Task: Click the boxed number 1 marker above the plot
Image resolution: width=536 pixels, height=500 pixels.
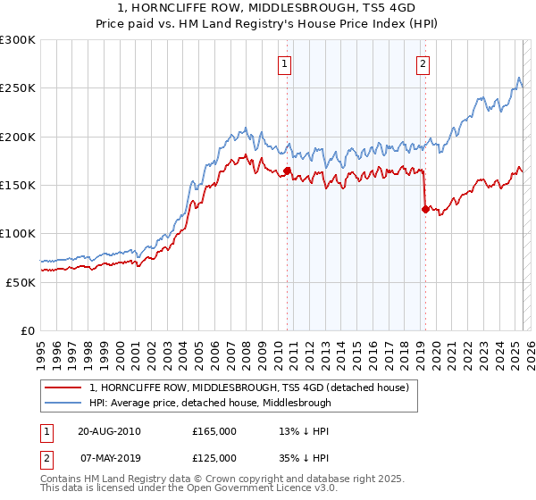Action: [x=284, y=63]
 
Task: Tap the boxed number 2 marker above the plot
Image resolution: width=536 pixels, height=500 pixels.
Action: [x=422, y=63]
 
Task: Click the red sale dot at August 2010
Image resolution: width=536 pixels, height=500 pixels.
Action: [x=288, y=171]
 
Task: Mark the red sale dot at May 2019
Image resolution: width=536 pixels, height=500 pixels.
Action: [x=424, y=210]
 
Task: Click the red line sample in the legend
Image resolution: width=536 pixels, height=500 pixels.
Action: [x=63, y=387]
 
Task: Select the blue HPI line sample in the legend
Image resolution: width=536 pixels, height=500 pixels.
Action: [x=63, y=403]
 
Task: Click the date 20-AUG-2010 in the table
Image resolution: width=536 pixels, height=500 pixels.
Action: [x=109, y=430]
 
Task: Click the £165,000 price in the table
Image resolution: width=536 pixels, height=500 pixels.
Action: [x=214, y=430]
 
